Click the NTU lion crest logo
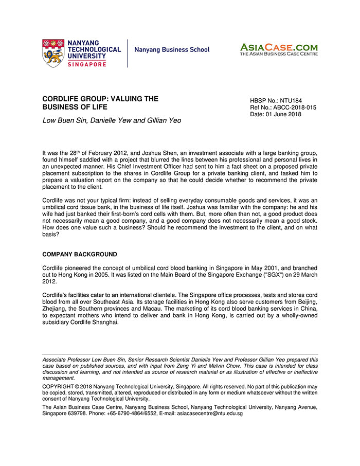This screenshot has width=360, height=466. (x=53, y=53)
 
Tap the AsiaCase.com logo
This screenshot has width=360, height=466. (x=278, y=49)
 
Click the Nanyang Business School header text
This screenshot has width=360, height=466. (x=172, y=50)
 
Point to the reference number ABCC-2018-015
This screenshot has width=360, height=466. (x=295, y=107)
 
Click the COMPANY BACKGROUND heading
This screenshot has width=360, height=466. (x=79, y=254)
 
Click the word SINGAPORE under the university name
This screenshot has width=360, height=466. (x=87, y=64)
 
